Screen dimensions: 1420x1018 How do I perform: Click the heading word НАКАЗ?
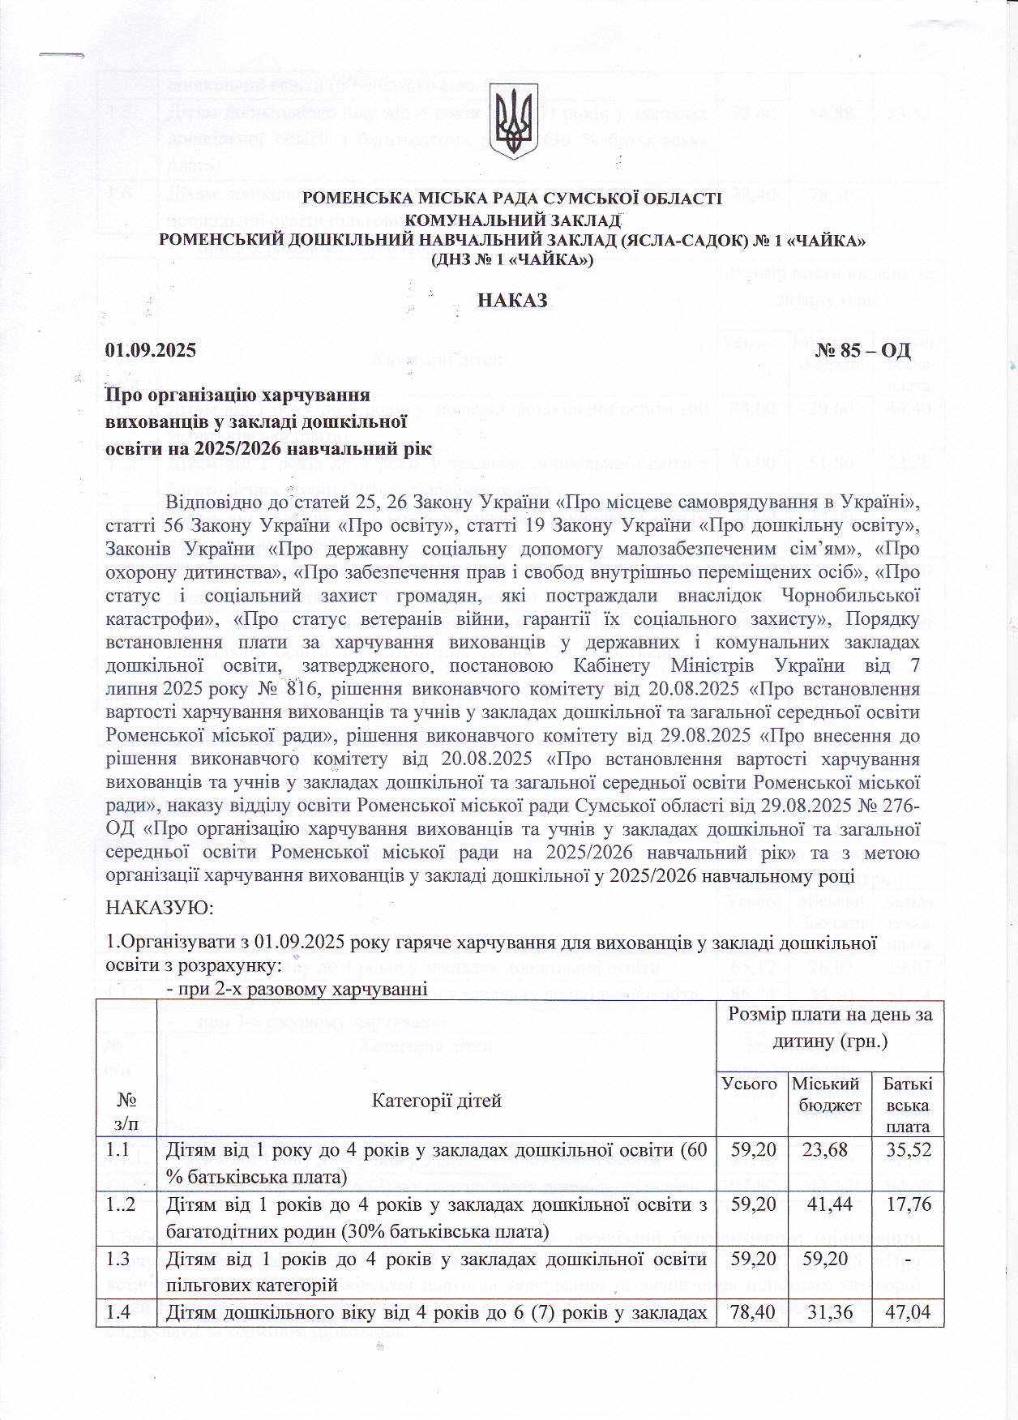pos(512,301)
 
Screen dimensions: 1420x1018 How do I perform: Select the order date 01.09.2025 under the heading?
pos(151,350)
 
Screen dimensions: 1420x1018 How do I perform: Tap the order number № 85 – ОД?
pos(862,350)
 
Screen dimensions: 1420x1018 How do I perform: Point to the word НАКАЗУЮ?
pos(160,908)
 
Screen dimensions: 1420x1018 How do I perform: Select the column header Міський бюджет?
pos(826,1094)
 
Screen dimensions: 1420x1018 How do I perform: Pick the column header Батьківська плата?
pos(908,1105)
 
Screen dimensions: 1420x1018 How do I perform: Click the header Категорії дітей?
pos(436,1100)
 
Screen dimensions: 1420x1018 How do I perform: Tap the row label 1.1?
pos(118,1149)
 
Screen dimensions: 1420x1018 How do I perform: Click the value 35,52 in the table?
pos(908,1149)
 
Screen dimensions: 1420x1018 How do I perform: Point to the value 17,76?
pos(908,1204)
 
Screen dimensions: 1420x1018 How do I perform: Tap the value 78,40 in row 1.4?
pos(751,1313)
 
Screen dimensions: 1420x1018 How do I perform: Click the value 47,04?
pos(908,1313)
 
